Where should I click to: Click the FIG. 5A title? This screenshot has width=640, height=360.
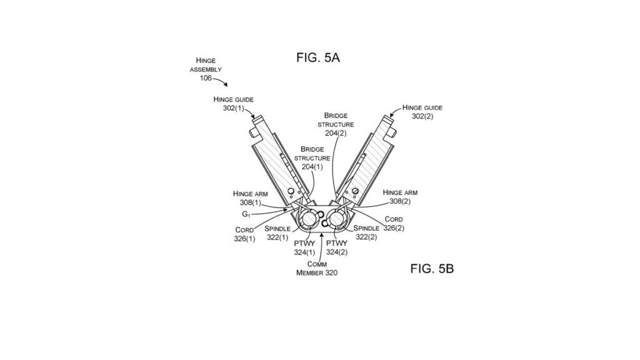[x=317, y=58]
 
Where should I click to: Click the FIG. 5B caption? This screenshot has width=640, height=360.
[x=432, y=269]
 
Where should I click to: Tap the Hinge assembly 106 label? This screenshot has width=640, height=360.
[x=206, y=69]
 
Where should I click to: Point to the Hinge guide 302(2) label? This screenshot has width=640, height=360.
[x=422, y=112]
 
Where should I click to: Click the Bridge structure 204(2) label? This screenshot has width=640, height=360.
[x=336, y=124]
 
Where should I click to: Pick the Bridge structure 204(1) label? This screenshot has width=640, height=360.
[x=312, y=158]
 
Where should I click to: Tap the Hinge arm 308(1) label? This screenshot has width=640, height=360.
[x=250, y=198]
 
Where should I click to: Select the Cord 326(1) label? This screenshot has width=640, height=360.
[x=244, y=234]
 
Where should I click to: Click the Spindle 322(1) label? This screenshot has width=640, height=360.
[x=277, y=232]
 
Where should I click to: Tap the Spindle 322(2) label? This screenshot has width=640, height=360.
[x=367, y=232]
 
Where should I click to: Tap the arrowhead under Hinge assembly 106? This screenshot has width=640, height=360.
[x=225, y=85]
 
